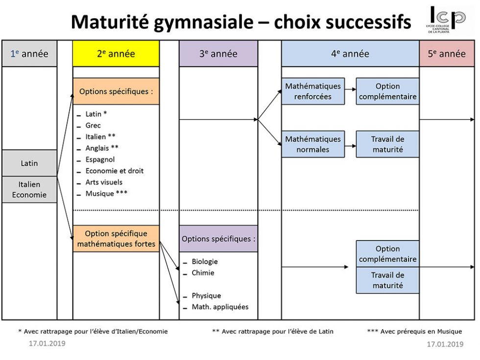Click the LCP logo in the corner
click(446, 19)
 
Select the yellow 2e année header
click(116, 54)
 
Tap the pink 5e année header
click(447, 54)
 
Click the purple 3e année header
click(218, 54)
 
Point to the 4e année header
click(350, 54)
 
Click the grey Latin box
click(29, 163)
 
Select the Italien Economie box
click(29, 190)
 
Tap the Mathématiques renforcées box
click(312, 91)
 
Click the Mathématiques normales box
click(312, 144)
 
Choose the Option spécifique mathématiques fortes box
click(116, 239)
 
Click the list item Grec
click(93, 125)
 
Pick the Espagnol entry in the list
click(100, 159)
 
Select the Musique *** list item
click(106, 193)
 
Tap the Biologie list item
click(205, 262)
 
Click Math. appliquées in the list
click(220, 307)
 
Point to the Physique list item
click(206, 295)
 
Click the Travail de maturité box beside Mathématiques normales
click(387, 144)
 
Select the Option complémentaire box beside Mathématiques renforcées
click(387, 91)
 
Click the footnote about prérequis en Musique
click(414, 332)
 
